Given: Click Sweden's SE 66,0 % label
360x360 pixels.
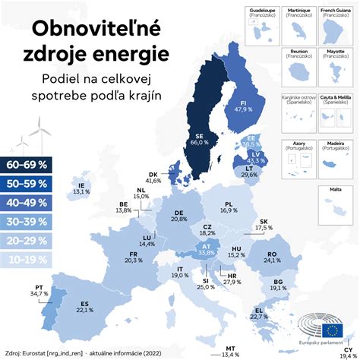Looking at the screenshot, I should click(197, 137).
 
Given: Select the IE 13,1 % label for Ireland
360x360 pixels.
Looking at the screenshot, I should click(80, 188).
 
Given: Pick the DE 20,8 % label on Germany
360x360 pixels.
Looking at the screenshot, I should click(179, 215).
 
